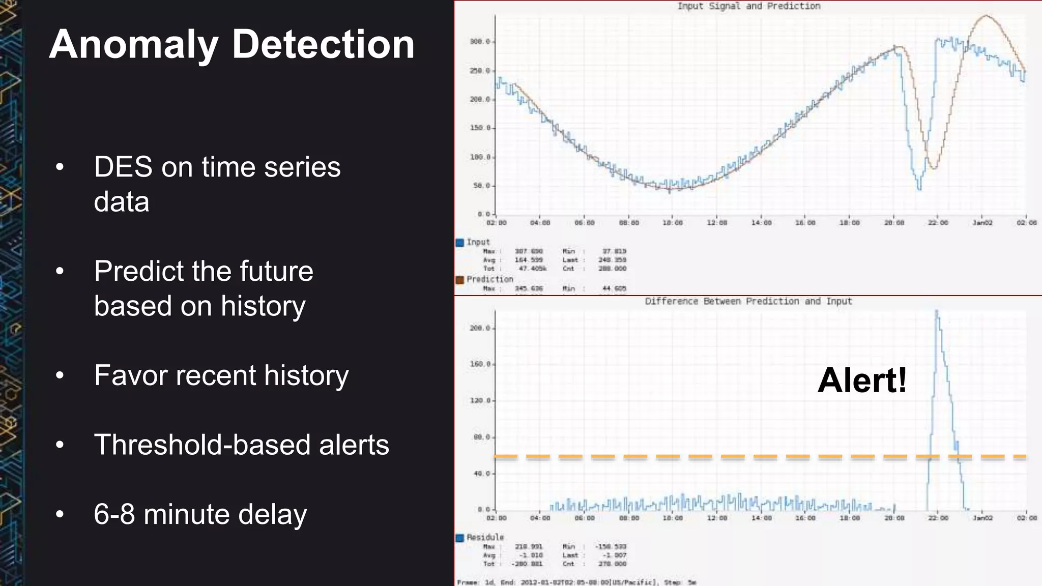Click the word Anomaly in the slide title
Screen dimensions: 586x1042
134,45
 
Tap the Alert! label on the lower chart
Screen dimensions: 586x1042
862,380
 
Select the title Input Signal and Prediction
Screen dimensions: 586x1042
748,6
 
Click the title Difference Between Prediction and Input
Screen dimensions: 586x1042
748,301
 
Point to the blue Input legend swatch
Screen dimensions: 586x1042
460,243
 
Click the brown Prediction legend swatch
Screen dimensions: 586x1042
460,280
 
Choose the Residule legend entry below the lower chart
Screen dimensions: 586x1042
485,537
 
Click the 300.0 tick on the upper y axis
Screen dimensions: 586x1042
480,42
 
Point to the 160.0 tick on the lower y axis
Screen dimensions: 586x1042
480,364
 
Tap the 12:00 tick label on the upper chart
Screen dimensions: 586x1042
717,223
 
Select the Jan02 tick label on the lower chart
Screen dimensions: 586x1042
982,518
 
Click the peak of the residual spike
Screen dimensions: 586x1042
937,312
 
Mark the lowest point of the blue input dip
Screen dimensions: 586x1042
919,189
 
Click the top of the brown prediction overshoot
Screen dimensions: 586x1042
986,16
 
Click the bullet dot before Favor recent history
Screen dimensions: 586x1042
60,375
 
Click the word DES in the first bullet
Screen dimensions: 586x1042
123,167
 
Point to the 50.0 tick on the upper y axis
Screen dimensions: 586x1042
481,186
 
